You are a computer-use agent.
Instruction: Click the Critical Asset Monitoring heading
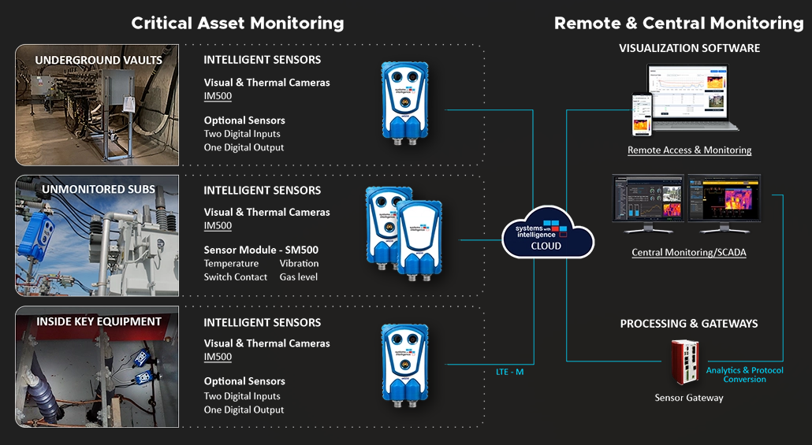(237, 23)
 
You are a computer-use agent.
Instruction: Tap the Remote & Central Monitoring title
(679, 23)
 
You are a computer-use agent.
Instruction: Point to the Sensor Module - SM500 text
(261, 250)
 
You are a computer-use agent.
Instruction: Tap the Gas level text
(299, 277)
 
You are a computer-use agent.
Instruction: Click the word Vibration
(299, 263)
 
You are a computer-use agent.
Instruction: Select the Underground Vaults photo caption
(99, 61)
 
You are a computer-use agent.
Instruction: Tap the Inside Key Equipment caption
(99, 321)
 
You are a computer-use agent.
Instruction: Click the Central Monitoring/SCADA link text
(689, 253)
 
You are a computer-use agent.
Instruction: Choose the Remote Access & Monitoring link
(689, 150)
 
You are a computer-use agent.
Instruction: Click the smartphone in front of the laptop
(643, 115)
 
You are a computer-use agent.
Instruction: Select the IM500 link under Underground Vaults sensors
(218, 96)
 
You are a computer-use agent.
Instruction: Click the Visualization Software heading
(689, 48)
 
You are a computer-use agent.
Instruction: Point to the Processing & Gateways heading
(689, 324)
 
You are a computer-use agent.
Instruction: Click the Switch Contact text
(235, 277)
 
